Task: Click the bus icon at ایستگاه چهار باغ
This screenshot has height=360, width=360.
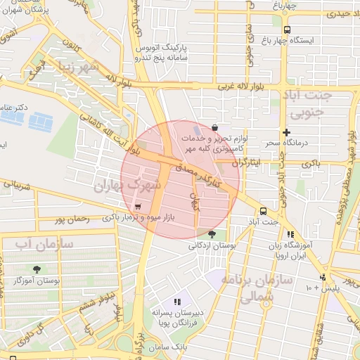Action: click(x=286, y=29)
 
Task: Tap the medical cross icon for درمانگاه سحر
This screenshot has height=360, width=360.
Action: click(x=286, y=132)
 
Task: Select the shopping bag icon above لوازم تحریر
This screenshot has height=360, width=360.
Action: click(x=214, y=127)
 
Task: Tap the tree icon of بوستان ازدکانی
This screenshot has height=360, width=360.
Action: click(x=212, y=234)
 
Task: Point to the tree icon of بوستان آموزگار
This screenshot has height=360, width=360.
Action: click(x=37, y=269)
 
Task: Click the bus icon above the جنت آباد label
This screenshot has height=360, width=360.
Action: click(x=263, y=211)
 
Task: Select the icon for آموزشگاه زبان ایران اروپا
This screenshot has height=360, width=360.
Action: click(x=290, y=235)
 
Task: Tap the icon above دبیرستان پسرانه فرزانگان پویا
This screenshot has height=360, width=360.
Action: click(x=177, y=301)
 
